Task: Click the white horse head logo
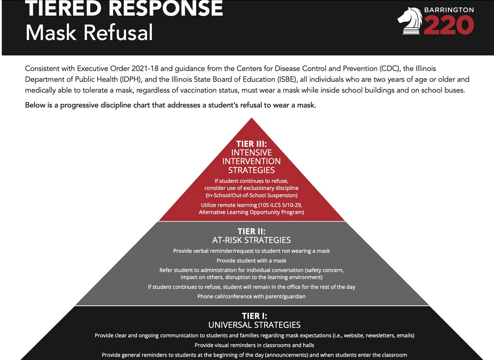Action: [x=410, y=21]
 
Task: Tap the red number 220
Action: [x=449, y=25]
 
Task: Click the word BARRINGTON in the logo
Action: [x=449, y=10]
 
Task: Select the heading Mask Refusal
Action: [x=89, y=33]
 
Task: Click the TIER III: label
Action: [x=251, y=144]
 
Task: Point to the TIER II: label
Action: [x=251, y=231]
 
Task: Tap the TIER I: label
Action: [x=254, y=316]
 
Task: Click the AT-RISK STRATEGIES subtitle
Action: [x=251, y=240]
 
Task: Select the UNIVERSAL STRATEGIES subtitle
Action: [x=254, y=325]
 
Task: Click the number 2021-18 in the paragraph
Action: [x=145, y=68]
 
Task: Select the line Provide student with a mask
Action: [x=251, y=261]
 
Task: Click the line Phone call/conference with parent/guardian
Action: [x=251, y=296]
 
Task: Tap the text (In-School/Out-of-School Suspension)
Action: [x=251, y=195]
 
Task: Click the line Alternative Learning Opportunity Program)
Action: [x=251, y=212]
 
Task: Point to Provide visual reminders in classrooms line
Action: [x=254, y=345]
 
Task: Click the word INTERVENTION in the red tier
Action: [x=251, y=161]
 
